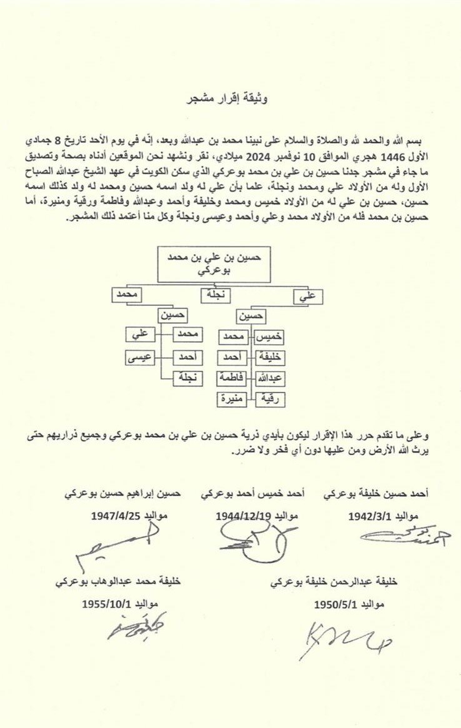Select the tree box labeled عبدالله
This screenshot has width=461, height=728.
[270, 378]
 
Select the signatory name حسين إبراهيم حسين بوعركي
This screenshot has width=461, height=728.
[123, 494]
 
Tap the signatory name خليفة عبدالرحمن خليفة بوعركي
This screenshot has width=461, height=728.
[334, 581]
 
